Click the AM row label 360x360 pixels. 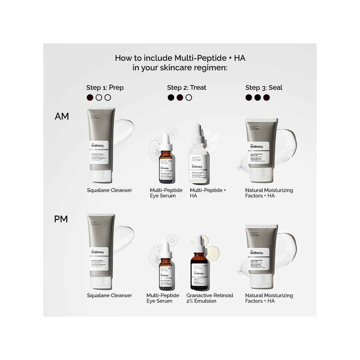pos(62,116)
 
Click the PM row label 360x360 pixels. pos(61,219)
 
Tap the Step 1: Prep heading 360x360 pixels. pos(105,88)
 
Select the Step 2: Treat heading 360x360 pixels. pos(187,88)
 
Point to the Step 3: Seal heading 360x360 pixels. pos(263,88)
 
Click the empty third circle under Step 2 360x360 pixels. pos(188,98)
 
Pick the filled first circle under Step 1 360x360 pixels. pos(90,98)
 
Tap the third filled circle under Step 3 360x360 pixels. pos(267,98)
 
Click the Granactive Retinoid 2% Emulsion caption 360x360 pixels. pos(209,298)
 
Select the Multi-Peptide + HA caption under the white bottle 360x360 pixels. pos(208,193)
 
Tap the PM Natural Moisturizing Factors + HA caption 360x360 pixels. pos(269,298)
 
